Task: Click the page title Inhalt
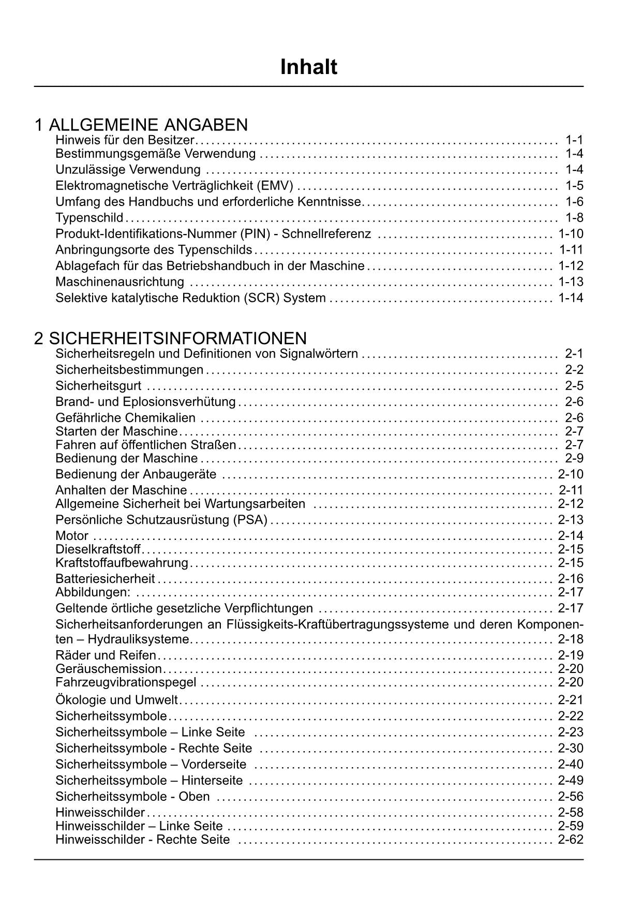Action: tap(308, 67)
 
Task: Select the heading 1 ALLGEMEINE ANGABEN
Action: tap(141, 125)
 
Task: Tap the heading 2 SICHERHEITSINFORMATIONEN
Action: tap(171, 338)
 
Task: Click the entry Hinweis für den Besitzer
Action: tap(125, 140)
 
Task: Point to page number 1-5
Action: tap(574, 185)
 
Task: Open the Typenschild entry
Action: tap(89, 217)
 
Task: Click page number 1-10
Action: tap(571, 233)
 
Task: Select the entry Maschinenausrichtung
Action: tap(120, 282)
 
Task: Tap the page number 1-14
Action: tap(571, 298)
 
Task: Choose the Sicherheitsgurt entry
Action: tap(98, 386)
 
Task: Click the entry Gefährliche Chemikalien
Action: tap(125, 418)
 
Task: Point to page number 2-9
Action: tap(574, 458)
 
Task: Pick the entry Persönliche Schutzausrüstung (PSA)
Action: tap(161, 520)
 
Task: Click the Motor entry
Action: tap(72, 536)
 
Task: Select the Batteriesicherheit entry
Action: tap(105, 579)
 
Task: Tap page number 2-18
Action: tap(571, 639)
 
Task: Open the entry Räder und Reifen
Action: tap(106, 655)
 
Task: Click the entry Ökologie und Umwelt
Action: tap(116, 700)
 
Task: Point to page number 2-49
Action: tap(571, 780)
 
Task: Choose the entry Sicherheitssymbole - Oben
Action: tap(132, 796)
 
